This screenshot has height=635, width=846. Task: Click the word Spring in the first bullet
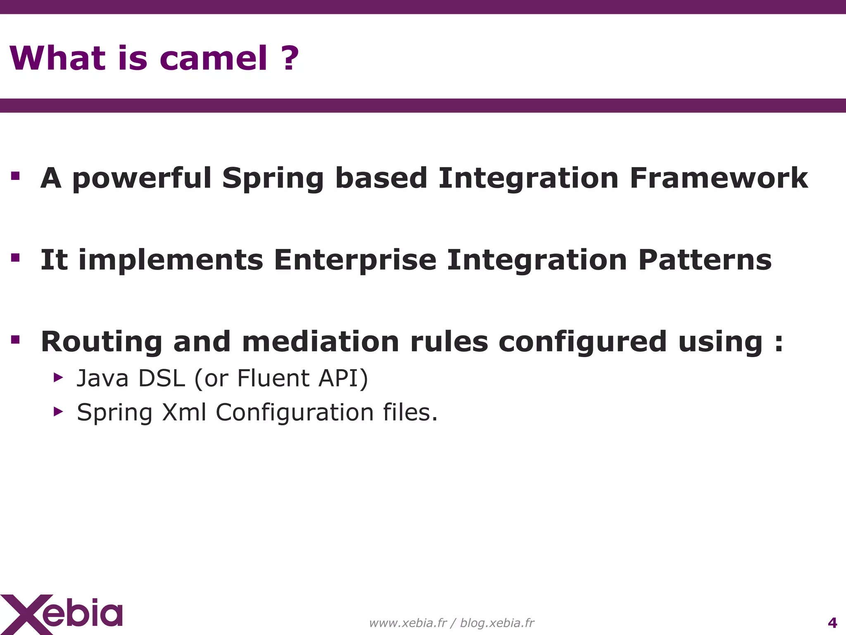tap(273, 179)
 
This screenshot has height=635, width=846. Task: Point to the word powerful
tap(142, 179)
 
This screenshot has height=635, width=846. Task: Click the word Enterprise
tap(355, 260)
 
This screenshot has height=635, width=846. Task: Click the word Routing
tap(102, 342)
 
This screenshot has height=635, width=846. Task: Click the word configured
tap(582, 342)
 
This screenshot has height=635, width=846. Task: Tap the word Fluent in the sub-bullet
tap(273, 378)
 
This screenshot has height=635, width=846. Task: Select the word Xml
tap(184, 412)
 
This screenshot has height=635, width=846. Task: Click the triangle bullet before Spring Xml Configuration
tap(58, 411)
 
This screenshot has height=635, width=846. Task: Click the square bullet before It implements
tap(16, 258)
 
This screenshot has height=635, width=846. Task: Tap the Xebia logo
tap(62, 614)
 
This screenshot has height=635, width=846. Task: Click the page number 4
tap(832, 623)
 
